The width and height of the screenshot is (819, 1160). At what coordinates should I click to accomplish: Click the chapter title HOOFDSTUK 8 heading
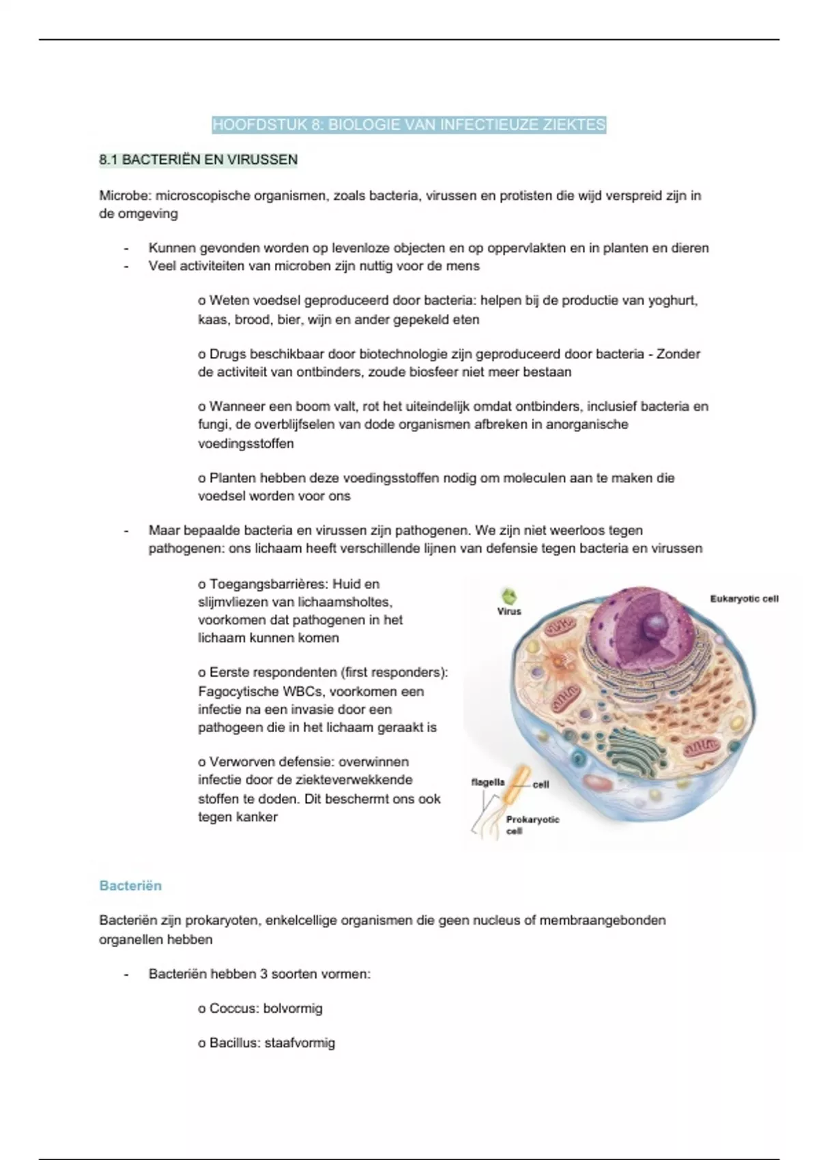point(409,125)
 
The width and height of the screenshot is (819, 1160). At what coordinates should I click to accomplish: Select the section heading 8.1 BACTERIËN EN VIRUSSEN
point(198,160)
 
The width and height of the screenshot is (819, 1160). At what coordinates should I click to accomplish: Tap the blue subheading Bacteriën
point(130,886)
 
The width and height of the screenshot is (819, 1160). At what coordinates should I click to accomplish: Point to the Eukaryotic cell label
point(744,599)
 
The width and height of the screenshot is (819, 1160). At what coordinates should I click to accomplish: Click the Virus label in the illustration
point(509,611)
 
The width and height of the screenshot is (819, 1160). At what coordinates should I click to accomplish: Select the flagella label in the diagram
point(487,782)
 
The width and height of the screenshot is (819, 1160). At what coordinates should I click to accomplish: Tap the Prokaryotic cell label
point(532,824)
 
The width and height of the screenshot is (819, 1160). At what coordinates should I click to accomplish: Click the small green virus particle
point(509,596)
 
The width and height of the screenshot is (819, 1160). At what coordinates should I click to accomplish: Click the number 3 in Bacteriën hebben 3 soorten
point(263,974)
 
